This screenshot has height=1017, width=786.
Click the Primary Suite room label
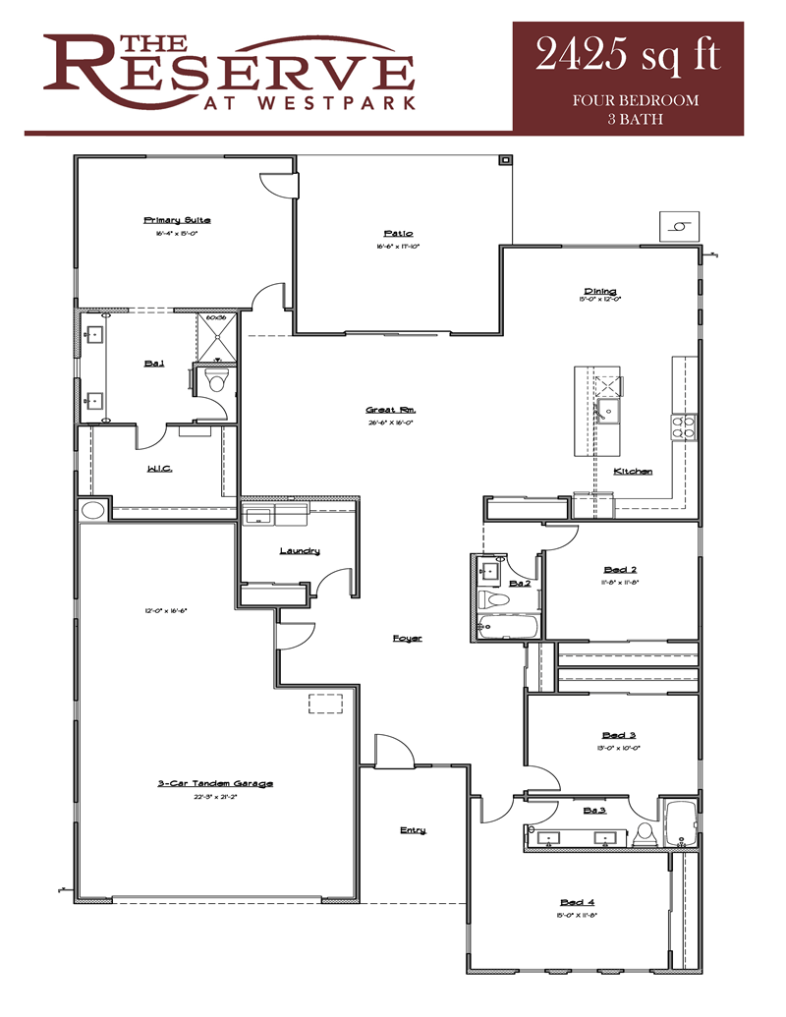click(x=177, y=220)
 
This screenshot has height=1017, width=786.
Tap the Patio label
click(x=398, y=233)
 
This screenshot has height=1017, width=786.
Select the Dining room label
click(x=600, y=291)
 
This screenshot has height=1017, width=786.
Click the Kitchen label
click(x=633, y=472)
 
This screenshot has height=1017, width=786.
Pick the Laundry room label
click(x=300, y=550)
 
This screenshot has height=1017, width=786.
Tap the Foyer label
click(x=407, y=639)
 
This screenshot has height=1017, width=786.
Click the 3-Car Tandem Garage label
click(x=214, y=783)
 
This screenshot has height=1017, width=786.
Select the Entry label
click(x=413, y=830)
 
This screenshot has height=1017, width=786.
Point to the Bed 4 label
click(x=577, y=902)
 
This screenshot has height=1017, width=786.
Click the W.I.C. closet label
click(x=159, y=469)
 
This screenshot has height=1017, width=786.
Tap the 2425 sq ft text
click(x=628, y=56)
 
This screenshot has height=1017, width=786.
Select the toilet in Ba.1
click(x=216, y=381)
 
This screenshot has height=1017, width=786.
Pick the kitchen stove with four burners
click(x=683, y=424)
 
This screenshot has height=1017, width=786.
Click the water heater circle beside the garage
click(x=93, y=510)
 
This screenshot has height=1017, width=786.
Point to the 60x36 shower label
click(x=216, y=318)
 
